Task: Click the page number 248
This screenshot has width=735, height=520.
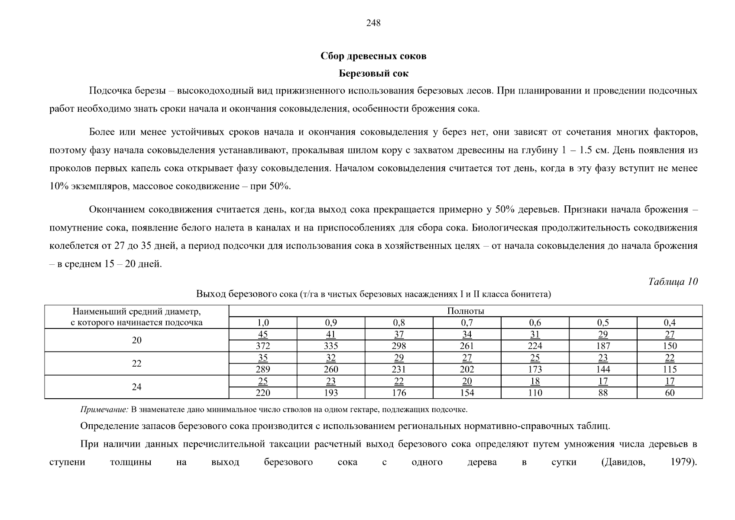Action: (373, 23)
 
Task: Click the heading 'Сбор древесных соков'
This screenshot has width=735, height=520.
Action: (373, 56)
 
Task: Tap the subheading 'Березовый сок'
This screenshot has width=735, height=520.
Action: (373, 74)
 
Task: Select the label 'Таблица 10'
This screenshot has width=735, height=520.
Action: (673, 282)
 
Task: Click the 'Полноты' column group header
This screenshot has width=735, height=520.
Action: (465, 311)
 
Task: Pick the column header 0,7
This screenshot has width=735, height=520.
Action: (467, 323)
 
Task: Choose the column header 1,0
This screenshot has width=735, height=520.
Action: (263, 323)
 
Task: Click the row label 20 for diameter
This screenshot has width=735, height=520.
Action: (136, 340)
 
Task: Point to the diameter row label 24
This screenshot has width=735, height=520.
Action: (136, 387)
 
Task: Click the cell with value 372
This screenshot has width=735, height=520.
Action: (263, 346)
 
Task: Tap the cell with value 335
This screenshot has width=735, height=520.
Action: (331, 346)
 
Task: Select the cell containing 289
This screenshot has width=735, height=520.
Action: (263, 370)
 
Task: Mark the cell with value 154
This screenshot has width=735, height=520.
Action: (467, 393)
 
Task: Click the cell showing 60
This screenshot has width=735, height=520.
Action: (670, 393)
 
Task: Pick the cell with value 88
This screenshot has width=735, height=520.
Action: (603, 393)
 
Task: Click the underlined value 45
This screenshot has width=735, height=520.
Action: (263, 335)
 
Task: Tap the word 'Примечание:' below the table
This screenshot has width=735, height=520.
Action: (104, 409)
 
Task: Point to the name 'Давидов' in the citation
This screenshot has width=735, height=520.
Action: (623, 462)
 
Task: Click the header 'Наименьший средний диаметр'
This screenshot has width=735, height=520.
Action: (136, 312)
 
